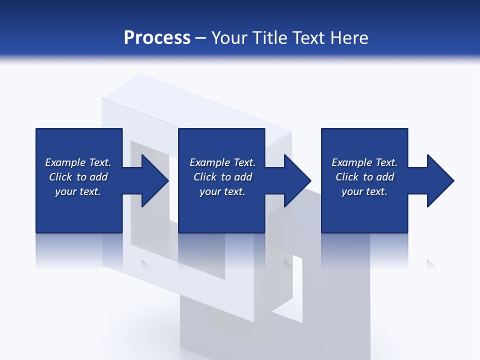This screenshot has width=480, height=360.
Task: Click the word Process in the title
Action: [157, 38]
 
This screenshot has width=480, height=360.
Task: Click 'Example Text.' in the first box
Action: [78, 162]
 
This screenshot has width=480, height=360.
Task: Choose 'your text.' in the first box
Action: [78, 191]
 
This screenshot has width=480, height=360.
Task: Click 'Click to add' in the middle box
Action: [222, 177]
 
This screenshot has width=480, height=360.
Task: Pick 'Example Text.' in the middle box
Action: [222, 162]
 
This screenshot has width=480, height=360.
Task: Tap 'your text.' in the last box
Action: [364, 191]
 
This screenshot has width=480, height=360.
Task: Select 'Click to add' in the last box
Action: [364, 177]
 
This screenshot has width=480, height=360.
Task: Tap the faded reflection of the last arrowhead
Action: [431, 263]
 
